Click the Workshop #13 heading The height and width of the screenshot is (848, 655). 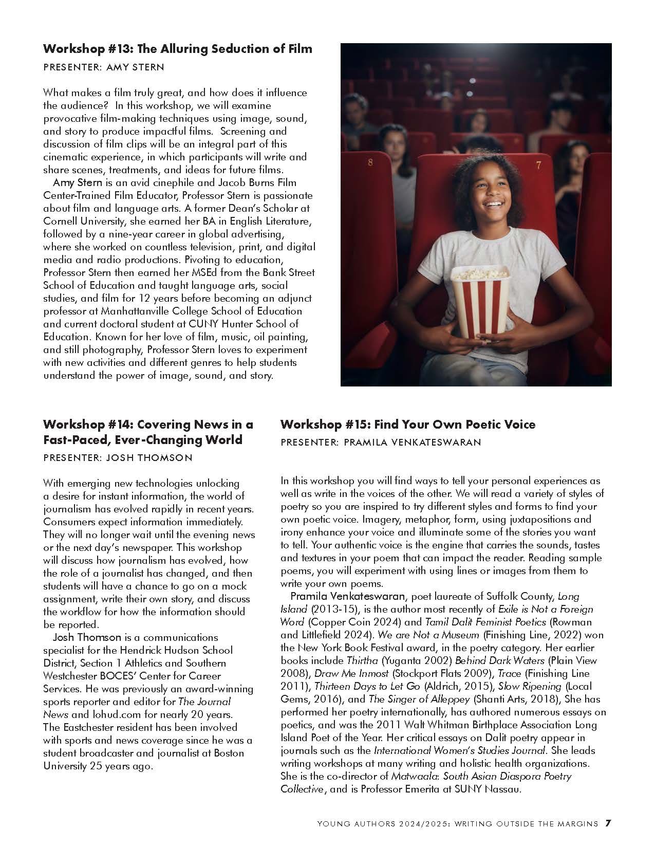[x=177, y=49]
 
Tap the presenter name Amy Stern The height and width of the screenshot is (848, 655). [x=135, y=67]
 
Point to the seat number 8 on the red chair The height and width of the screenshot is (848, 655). [x=371, y=163]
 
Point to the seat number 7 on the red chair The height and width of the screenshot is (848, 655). [x=538, y=165]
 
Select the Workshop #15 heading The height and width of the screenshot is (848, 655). [x=407, y=425]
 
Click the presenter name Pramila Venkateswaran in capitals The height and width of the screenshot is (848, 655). [x=412, y=442]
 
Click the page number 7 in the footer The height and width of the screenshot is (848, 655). [x=608, y=823]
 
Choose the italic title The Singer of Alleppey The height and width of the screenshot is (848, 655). [x=420, y=699]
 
